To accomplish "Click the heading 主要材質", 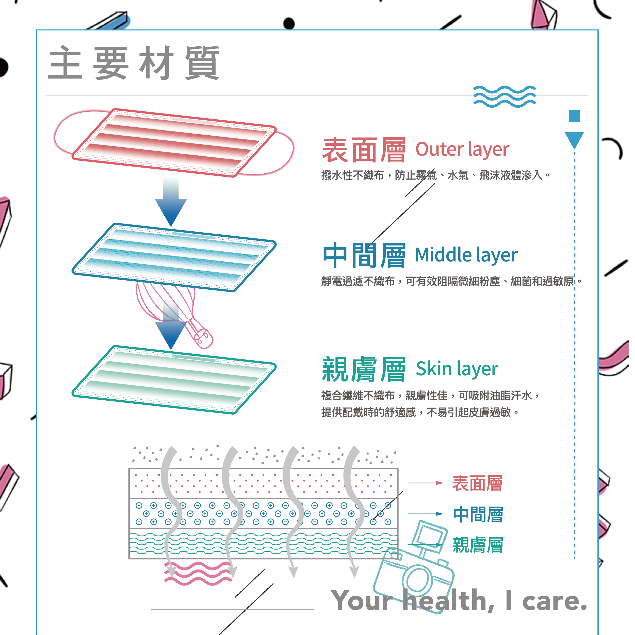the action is [134, 62].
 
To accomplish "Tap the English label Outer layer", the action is [462, 150].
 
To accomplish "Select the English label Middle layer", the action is [466, 255].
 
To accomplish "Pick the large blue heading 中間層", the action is [364, 255].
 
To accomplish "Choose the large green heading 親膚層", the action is [364, 369].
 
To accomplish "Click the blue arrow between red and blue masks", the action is [171, 202].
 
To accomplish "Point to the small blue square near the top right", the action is [574, 116].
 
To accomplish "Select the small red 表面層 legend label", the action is [477, 483].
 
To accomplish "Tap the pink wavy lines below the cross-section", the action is [198, 573].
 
